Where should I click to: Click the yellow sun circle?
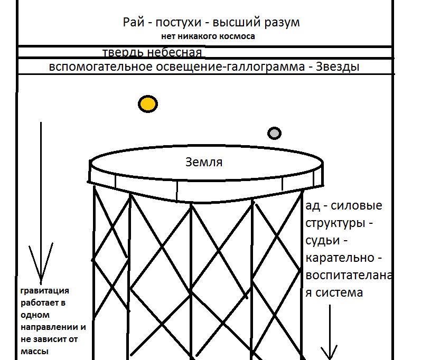(x=148, y=104)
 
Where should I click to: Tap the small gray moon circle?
(x=274, y=133)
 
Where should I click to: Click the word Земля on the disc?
(x=204, y=162)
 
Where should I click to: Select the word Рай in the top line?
(x=134, y=22)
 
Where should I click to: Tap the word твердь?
(x=123, y=52)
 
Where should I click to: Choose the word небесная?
(x=174, y=52)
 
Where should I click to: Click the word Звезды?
(x=338, y=67)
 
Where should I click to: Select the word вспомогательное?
(x=101, y=67)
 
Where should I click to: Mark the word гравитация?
(x=45, y=291)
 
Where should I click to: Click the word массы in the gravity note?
(x=34, y=352)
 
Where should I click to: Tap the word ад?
(x=313, y=205)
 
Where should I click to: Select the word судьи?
(x=323, y=241)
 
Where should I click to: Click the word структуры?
(x=335, y=223)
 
